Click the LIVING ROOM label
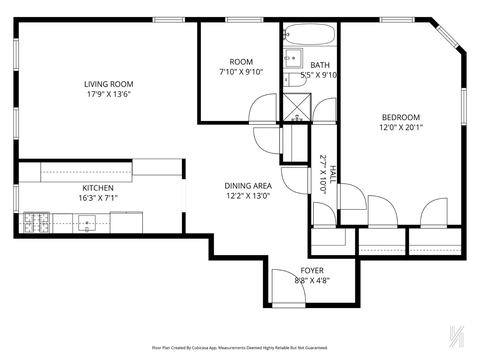point(109,84)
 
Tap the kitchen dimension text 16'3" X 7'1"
point(98,198)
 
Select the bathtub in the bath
point(310,34)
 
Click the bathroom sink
point(293,58)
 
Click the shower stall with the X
point(297,107)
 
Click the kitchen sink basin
point(87,223)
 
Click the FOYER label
point(312,271)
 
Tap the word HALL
point(332,175)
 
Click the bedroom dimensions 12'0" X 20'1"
point(401,127)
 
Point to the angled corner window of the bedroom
point(448,37)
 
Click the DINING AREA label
point(248,186)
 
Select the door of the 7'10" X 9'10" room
point(262,109)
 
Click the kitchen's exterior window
point(16,199)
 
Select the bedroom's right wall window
point(464,106)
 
